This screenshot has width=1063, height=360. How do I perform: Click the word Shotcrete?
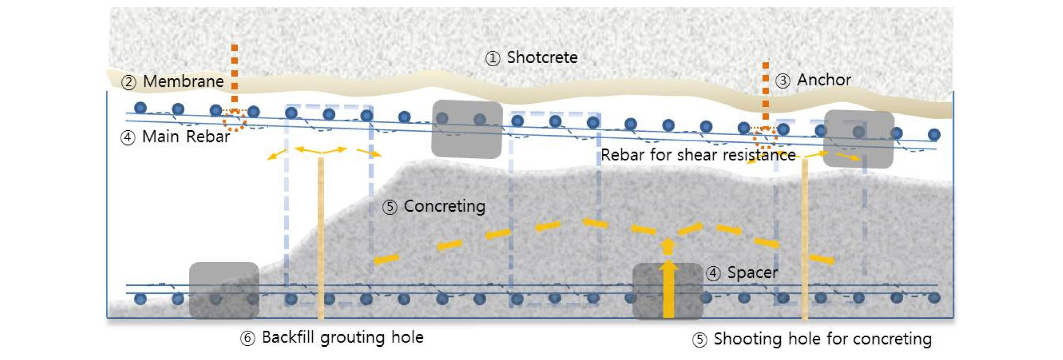[x=542, y=57]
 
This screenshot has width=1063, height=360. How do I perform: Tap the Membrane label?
[x=183, y=82]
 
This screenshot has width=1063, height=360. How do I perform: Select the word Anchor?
[x=824, y=80]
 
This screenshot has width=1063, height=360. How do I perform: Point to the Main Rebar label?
[x=186, y=137]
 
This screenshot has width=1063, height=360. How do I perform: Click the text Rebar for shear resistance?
[x=698, y=155]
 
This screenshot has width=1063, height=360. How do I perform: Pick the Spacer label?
[x=752, y=273]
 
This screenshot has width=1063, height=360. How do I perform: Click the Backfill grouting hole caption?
[x=343, y=337]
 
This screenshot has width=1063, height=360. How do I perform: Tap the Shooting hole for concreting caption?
[x=822, y=339]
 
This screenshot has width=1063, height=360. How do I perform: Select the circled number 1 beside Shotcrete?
[x=492, y=58]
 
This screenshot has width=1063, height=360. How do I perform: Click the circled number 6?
[x=247, y=338]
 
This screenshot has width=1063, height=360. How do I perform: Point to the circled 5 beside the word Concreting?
[x=390, y=207]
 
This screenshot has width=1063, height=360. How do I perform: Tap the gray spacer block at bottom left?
[x=224, y=290]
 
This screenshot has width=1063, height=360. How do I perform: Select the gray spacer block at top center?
[x=467, y=129]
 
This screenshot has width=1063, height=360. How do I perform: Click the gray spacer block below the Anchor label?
[x=859, y=139]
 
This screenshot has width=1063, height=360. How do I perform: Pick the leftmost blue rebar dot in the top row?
[x=140, y=108]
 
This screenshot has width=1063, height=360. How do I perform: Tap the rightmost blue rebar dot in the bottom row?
[x=934, y=298]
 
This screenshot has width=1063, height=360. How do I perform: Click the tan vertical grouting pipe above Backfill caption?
[x=321, y=238]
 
